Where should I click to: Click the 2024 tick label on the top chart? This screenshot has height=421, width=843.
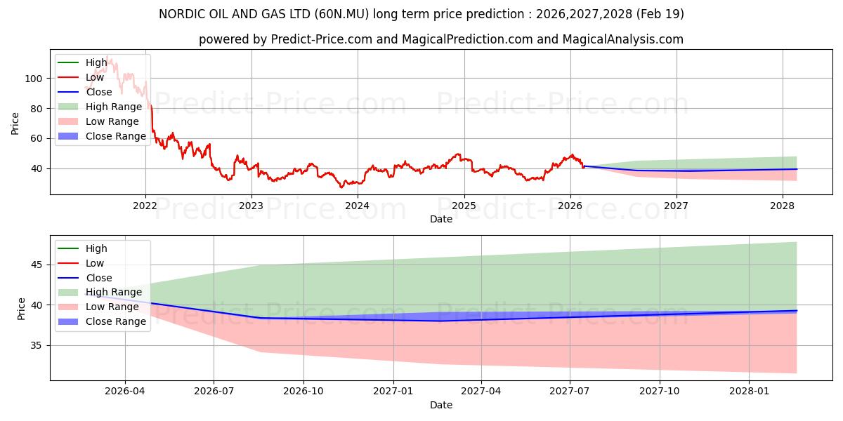357,206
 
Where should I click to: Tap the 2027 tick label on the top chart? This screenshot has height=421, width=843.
676,206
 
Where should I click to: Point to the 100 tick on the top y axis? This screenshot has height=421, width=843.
34,79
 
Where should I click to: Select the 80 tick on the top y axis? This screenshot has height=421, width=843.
37,109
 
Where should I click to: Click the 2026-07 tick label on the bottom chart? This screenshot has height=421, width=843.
214,392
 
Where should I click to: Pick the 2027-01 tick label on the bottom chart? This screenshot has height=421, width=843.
393,392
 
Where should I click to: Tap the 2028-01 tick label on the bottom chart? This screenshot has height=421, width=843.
749,392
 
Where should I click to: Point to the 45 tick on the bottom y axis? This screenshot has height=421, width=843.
37,265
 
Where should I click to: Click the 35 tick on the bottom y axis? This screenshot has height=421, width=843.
37,345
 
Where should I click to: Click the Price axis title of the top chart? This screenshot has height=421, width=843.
15,123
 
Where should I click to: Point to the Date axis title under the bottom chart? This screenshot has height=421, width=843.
441,405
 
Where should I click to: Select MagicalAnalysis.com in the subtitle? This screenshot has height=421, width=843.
623,39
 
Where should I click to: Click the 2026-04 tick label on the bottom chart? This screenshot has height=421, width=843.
124,392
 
